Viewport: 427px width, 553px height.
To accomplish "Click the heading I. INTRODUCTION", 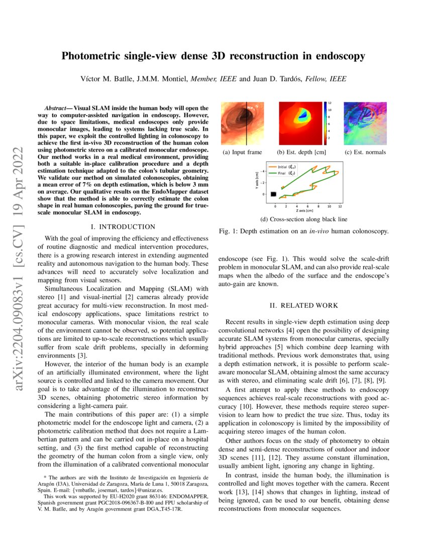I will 123,227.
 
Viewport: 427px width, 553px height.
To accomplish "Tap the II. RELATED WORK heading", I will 303,305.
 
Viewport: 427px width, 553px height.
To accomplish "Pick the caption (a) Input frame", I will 242,152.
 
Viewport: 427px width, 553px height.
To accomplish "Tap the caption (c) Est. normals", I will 365,152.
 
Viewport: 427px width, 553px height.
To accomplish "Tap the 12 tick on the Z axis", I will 340,206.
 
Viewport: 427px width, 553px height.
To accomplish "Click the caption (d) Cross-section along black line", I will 303,220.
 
